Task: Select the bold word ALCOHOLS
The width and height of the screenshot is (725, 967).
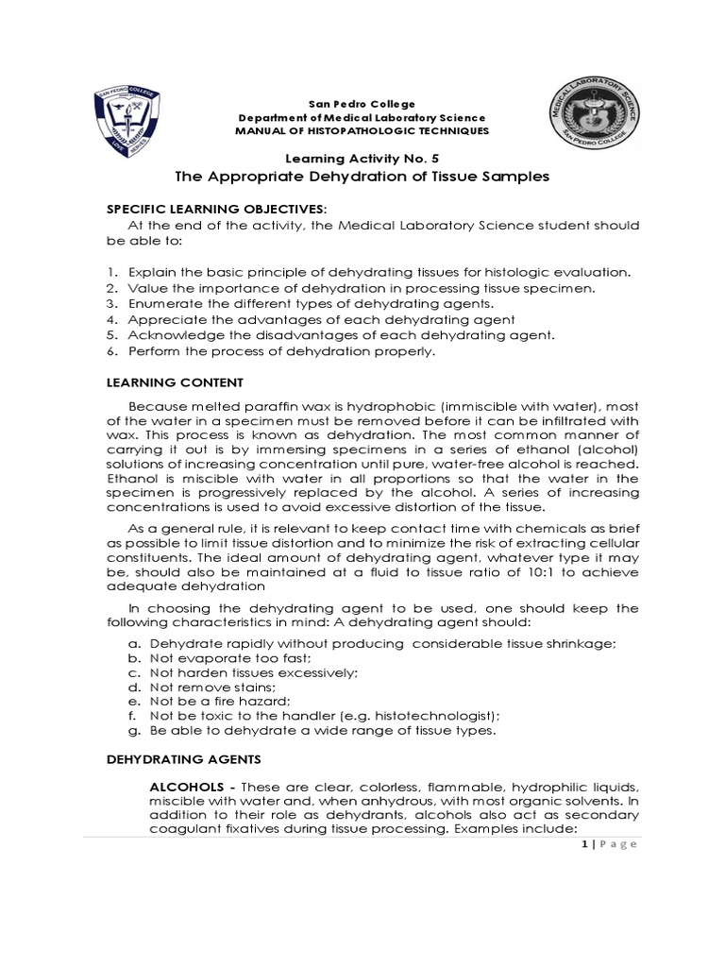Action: tap(191, 788)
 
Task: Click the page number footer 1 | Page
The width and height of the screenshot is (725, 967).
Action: tap(611, 844)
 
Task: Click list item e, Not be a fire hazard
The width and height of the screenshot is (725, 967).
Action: tap(208, 701)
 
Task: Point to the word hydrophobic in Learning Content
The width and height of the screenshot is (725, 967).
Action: tap(351, 406)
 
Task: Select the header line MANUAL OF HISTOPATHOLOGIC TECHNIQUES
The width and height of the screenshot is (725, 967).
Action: tap(362, 130)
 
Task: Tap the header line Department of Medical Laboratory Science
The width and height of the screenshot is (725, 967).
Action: tap(362, 116)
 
